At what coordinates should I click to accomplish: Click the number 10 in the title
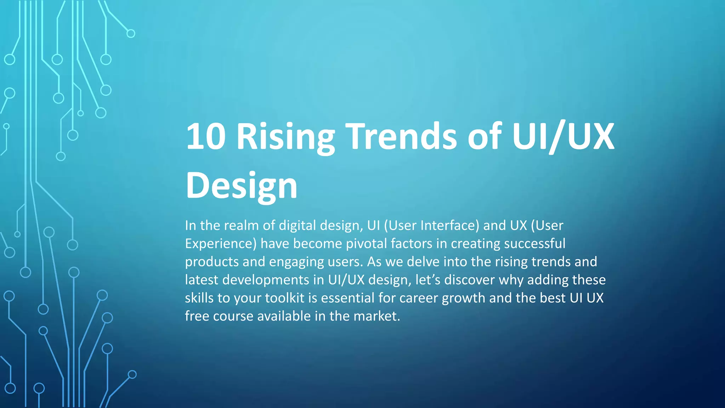coord(206,136)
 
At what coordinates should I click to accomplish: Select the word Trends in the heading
coord(401,136)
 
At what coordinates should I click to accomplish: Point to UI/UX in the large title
coord(563,136)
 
